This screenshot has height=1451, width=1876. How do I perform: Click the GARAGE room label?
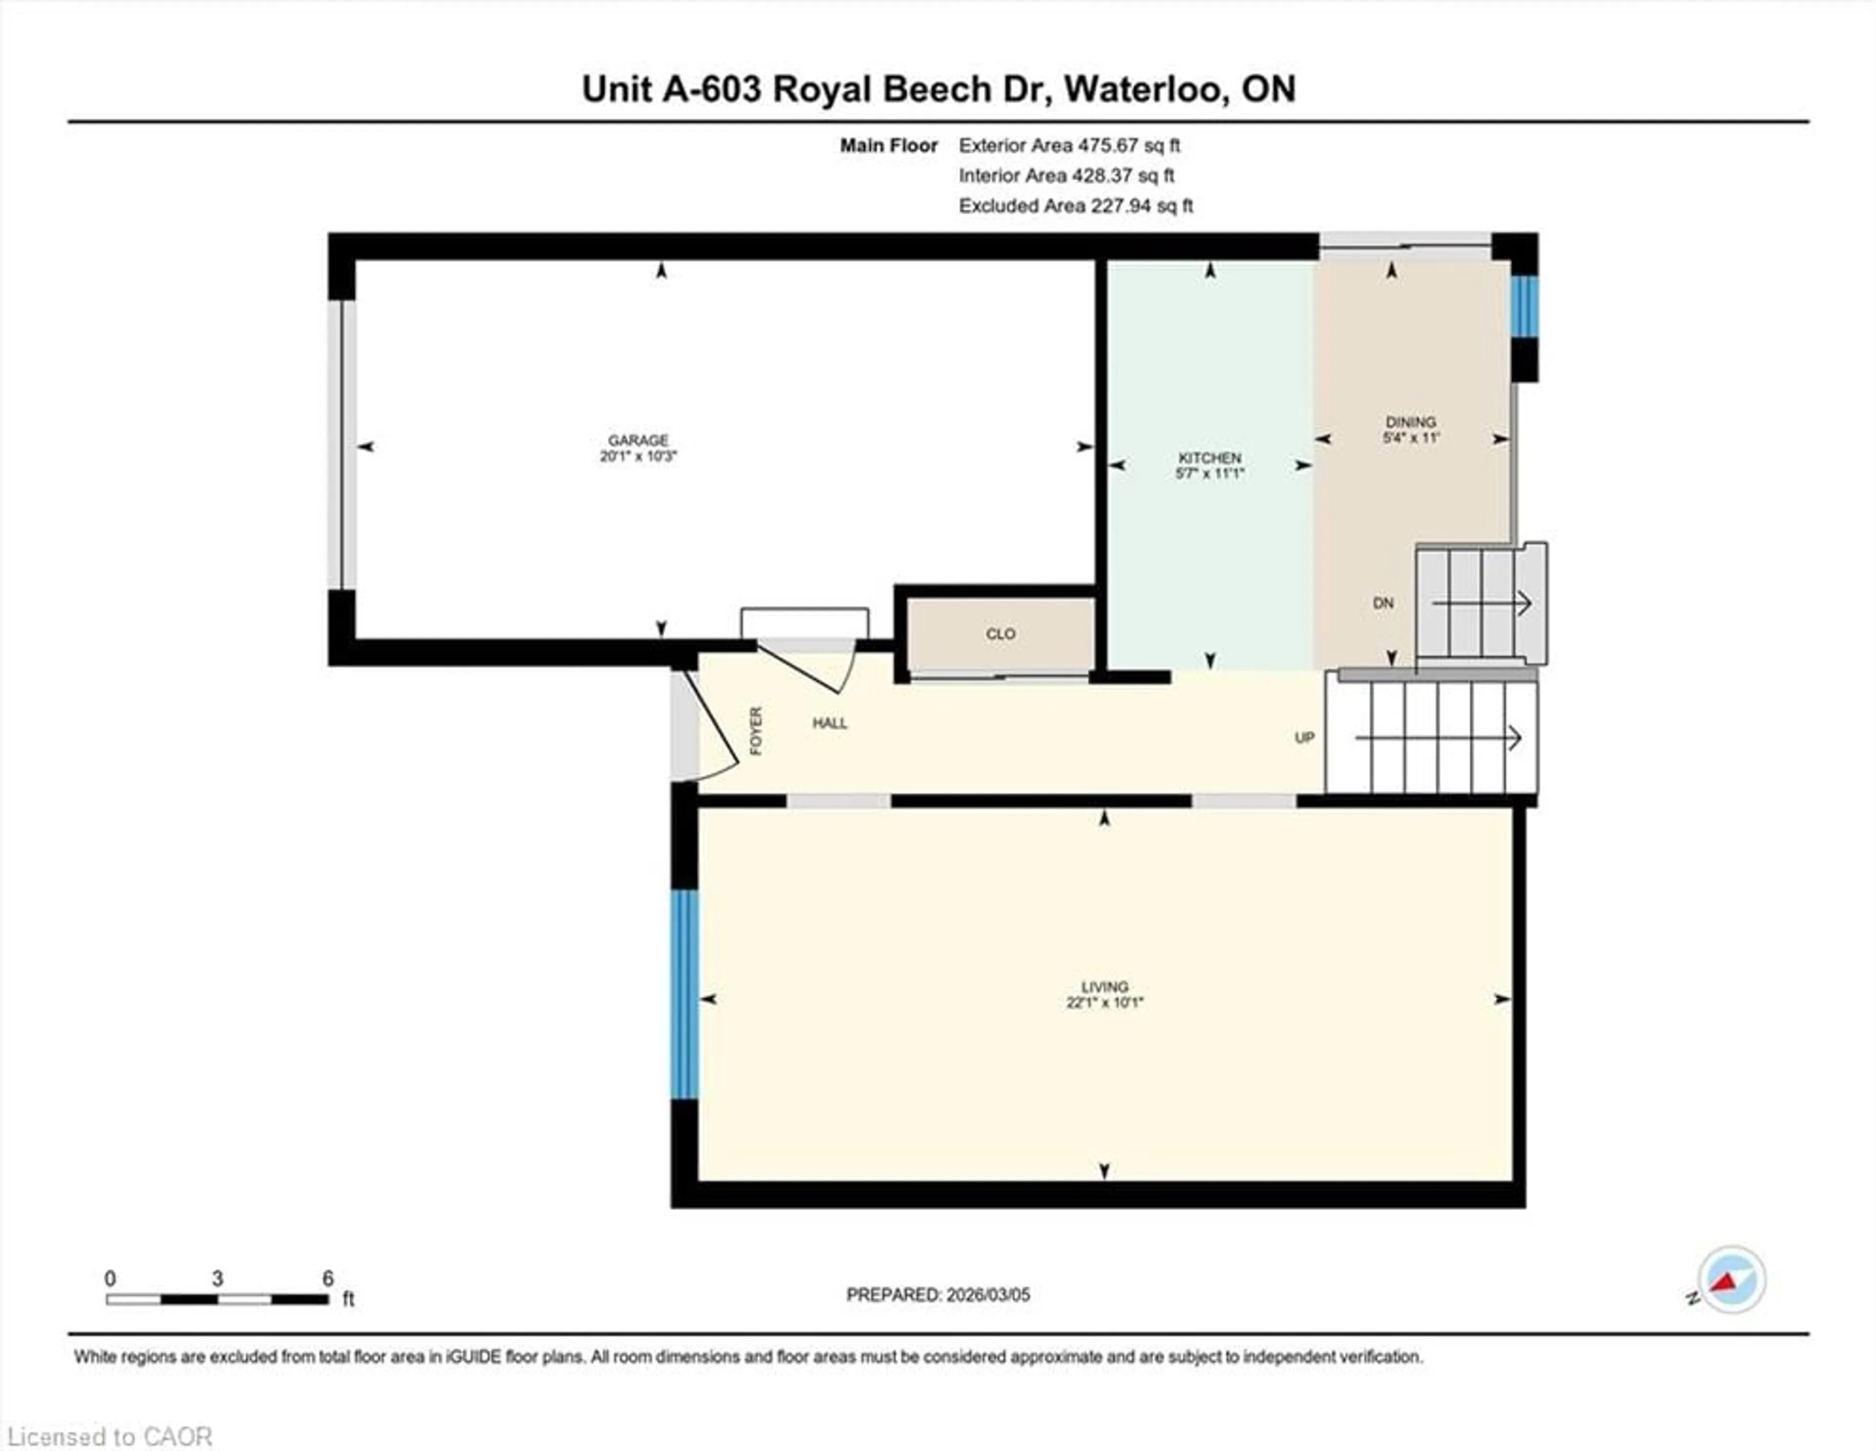pyautogui.click(x=638, y=440)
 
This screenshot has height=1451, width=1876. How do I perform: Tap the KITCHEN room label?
pyautogui.click(x=1210, y=458)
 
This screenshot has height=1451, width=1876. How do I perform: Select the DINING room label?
pyautogui.click(x=1410, y=422)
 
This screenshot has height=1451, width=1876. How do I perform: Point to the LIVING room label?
pyautogui.click(x=1105, y=986)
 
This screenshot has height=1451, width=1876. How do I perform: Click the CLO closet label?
pyautogui.click(x=1000, y=634)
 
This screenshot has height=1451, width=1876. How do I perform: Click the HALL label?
pyautogui.click(x=830, y=724)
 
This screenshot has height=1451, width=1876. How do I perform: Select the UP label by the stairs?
pyautogui.click(x=1304, y=738)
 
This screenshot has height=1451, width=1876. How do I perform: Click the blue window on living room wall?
pyautogui.click(x=684, y=994)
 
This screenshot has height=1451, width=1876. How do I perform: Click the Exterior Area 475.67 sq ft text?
pyautogui.click(x=1069, y=145)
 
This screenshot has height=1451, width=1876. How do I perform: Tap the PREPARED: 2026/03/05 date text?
pyautogui.click(x=938, y=1295)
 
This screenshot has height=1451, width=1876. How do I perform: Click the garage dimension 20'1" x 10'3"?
pyautogui.click(x=638, y=456)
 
